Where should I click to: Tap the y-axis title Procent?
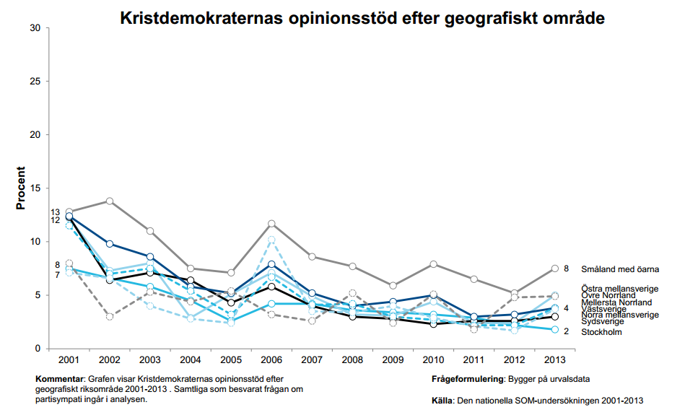(x=21, y=188)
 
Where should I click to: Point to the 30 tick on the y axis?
(x=35, y=27)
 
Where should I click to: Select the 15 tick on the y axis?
(x=35, y=188)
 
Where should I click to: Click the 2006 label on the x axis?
(x=271, y=359)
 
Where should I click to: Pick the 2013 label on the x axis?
(x=554, y=359)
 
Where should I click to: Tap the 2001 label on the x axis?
(x=69, y=359)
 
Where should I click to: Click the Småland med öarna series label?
(x=621, y=269)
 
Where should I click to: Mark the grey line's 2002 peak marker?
(x=110, y=201)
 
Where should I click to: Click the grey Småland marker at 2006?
(x=271, y=224)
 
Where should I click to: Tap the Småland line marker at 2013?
(x=554, y=269)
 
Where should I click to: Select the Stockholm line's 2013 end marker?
(x=554, y=329)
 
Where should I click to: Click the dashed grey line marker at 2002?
(x=110, y=316)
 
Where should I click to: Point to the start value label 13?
(x=56, y=212)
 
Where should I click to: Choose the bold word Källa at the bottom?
(x=442, y=399)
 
